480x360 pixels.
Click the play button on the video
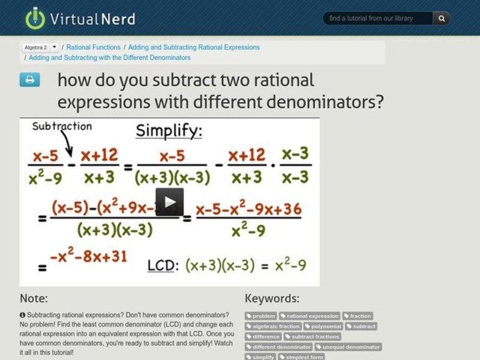[x=170, y=202]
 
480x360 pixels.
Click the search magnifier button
[x=442, y=19]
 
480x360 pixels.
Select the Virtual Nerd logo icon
[x=35, y=18]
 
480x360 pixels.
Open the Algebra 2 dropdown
[x=55, y=47]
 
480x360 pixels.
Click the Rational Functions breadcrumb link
[x=93, y=47]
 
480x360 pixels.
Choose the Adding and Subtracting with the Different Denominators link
[x=110, y=58]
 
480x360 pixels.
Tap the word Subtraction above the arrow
[x=62, y=127]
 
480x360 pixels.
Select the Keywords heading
[x=272, y=298]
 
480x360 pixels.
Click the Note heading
[x=34, y=298]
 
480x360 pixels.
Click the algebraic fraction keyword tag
[x=274, y=326]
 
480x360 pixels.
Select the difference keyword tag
[x=263, y=337]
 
